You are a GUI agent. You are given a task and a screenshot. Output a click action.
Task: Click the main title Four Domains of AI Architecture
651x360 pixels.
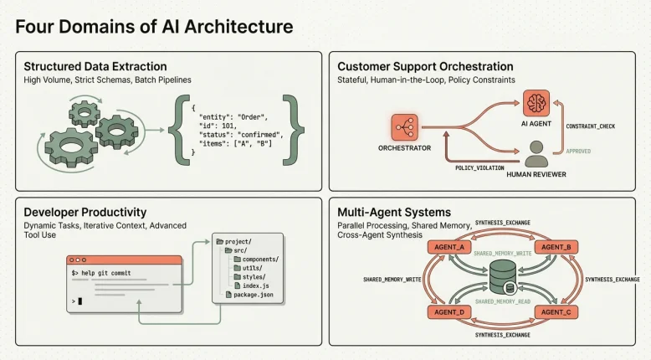(x=154, y=26)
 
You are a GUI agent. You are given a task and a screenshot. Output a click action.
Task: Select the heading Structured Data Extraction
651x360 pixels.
(x=95, y=66)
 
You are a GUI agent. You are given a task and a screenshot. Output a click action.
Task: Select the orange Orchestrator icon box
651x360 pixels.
(x=404, y=128)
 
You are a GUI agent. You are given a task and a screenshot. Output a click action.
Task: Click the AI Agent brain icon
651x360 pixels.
(x=537, y=105)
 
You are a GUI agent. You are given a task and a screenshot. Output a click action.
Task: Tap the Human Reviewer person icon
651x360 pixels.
(x=538, y=153)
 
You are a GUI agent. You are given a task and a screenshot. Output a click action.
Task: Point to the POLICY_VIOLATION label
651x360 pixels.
(x=479, y=167)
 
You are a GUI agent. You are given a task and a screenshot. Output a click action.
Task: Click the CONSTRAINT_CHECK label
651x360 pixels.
(x=591, y=126)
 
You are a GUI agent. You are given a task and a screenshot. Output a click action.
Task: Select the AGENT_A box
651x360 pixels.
(x=450, y=247)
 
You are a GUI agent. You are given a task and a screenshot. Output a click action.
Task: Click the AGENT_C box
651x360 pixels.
(x=556, y=311)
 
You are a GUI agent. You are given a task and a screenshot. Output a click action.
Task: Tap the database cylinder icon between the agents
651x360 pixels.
(x=503, y=278)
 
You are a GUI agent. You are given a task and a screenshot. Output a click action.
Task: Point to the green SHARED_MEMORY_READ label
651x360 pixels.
(x=503, y=301)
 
